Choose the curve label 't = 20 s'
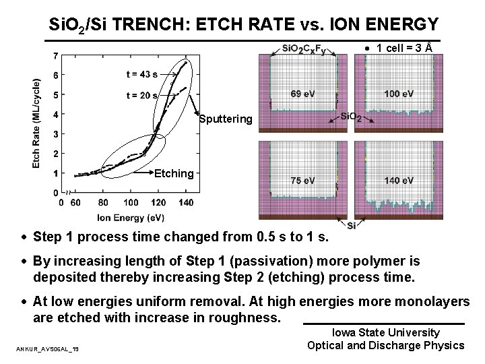(141, 95)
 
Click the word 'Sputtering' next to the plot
(226, 119)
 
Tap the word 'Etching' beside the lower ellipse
(174, 173)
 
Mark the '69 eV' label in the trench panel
(302, 93)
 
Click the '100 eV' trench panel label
(399, 93)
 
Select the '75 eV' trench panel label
(302, 181)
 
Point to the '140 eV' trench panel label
(399, 181)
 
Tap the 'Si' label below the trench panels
(352, 225)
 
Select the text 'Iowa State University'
(386, 332)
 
